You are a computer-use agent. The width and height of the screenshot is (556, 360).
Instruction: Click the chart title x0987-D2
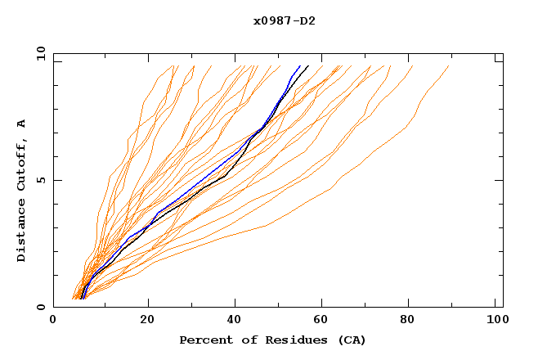click(284, 20)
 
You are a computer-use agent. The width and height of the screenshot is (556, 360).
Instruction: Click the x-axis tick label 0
click(53, 322)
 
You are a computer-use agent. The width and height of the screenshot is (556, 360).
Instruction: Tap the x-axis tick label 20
click(147, 322)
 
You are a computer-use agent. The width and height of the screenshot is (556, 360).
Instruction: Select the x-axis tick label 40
click(236, 322)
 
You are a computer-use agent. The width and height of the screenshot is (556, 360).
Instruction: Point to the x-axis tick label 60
click(325, 322)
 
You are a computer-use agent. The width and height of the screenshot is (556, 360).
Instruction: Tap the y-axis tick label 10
click(40, 53)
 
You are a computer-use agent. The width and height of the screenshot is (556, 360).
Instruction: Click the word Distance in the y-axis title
click(22, 232)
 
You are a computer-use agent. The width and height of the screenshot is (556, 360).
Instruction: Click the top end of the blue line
click(300, 65)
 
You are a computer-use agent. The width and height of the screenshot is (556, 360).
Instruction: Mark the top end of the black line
click(308, 65)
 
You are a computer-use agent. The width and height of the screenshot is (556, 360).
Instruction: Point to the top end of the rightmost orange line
click(450, 65)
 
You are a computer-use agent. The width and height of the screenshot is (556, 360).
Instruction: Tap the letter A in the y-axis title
click(22, 123)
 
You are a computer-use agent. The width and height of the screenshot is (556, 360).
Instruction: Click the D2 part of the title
click(308, 20)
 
